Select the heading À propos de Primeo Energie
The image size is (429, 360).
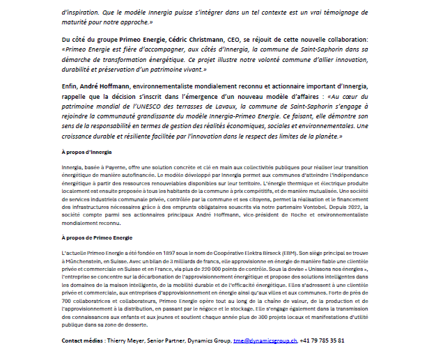click(96, 237)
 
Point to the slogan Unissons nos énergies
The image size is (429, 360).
click(341, 271)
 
